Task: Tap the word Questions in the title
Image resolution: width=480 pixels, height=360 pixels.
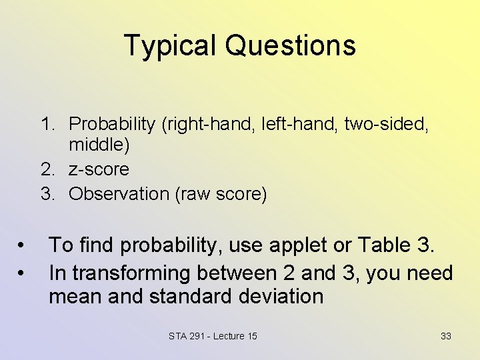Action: click(290, 46)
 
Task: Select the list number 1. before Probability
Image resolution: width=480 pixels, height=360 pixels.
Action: click(49, 124)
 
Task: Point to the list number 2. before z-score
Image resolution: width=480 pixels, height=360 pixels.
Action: click(49, 169)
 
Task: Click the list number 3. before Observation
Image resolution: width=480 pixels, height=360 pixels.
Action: click(49, 194)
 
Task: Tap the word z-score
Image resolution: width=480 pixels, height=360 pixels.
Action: click(99, 169)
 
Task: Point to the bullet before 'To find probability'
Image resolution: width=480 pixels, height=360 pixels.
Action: click(22, 246)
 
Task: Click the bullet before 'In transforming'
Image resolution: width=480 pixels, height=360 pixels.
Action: click(22, 273)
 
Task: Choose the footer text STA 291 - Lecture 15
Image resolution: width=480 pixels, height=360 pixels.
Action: click(213, 336)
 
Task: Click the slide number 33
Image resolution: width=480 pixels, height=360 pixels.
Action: click(445, 336)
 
